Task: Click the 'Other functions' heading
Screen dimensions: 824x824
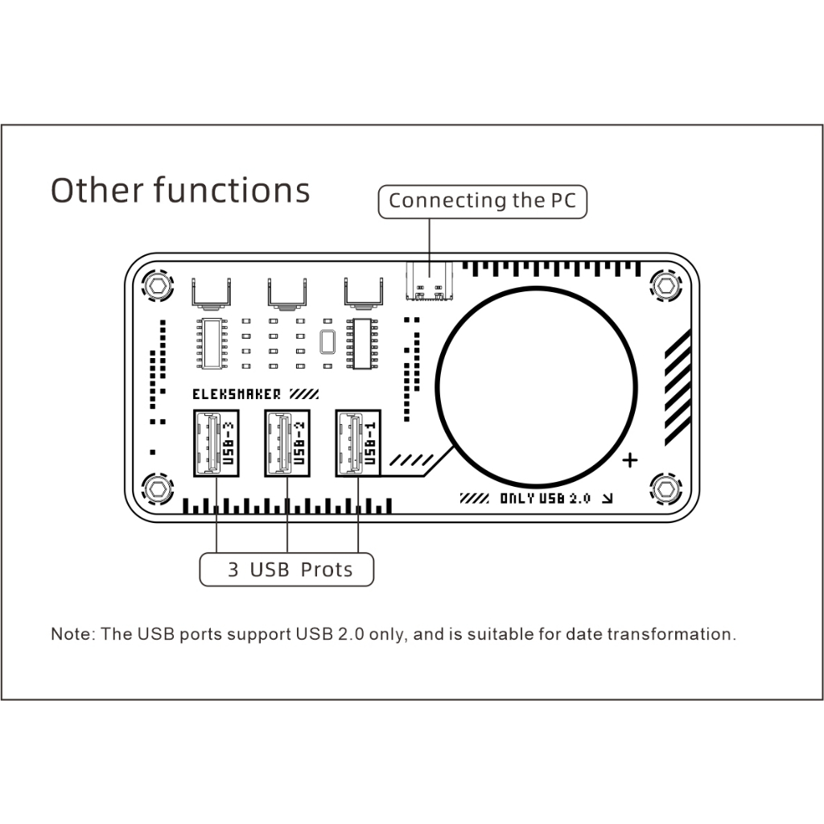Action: click(x=180, y=190)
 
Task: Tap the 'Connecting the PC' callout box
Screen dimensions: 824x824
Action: click(x=483, y=201)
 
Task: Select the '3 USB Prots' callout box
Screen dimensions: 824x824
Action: click(x=286, y=570)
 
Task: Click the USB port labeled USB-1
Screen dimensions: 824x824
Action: click(x=358, y=443)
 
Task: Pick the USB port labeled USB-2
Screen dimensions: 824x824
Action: click(x=287, y=443)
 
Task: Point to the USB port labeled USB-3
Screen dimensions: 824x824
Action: click(x=216, y=443)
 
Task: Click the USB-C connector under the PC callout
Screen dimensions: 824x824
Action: click(x=430, y=282)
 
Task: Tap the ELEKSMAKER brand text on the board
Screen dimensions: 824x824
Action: click(x=237, y=394)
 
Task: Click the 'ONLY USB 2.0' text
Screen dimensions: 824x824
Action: click(x=545, y=498)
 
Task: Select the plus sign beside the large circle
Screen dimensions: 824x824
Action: click(x=629, y=460)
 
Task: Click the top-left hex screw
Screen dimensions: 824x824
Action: click(x=158, y=286)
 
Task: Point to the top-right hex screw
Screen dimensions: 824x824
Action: click(x=665, y=286)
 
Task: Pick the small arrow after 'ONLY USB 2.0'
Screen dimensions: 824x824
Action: click(x=608, y=498)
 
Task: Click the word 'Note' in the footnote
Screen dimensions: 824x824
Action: click(x=71, y=634)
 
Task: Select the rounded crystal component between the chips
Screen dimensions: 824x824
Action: click(x=328, y=342)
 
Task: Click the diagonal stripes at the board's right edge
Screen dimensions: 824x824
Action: click(x=678, y=388)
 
